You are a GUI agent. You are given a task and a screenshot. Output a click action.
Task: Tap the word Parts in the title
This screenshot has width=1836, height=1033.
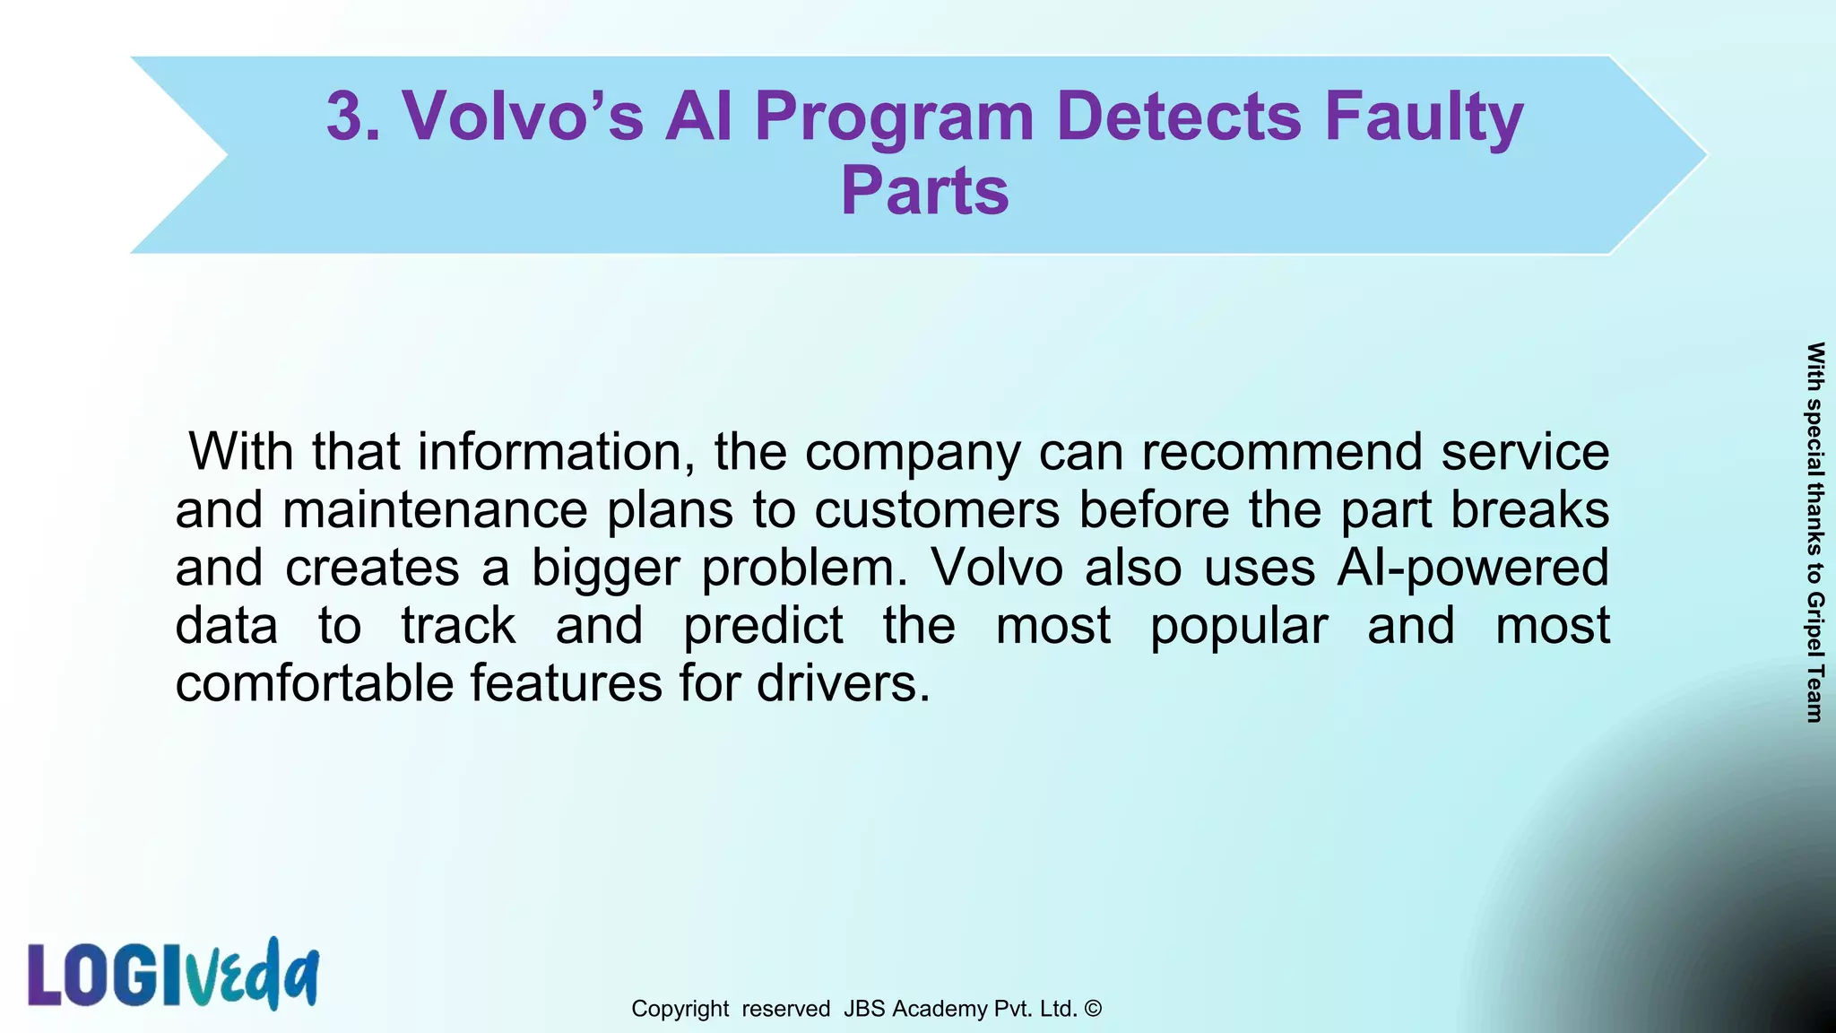(924, 190)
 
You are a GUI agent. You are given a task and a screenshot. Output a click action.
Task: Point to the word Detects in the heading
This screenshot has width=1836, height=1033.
(1178, 117)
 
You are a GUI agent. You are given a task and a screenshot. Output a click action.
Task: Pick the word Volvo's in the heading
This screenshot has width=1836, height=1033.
(523, 117)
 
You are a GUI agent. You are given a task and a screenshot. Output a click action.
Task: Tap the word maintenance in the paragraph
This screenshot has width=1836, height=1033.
(435, 509)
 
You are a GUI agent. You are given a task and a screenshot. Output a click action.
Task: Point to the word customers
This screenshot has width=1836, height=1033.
(937, 509)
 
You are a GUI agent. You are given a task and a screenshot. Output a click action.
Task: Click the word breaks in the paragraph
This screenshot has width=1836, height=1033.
(1529, 509)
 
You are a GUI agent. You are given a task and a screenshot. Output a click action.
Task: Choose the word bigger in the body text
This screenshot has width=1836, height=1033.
(606, 569)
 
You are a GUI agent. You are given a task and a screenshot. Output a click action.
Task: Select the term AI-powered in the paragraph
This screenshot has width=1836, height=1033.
(1472, 569)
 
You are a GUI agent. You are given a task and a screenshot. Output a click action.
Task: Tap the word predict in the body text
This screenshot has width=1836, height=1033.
(763, 625)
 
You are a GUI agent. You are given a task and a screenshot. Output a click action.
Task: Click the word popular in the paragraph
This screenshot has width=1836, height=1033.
(1238, 627)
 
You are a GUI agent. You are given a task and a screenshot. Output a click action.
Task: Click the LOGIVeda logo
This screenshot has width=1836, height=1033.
(173, 975)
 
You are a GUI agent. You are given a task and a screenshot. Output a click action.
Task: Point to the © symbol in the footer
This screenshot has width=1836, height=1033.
(1093, 1009)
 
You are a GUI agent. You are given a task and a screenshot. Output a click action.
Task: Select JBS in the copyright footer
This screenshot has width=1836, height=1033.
(864, 1009)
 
